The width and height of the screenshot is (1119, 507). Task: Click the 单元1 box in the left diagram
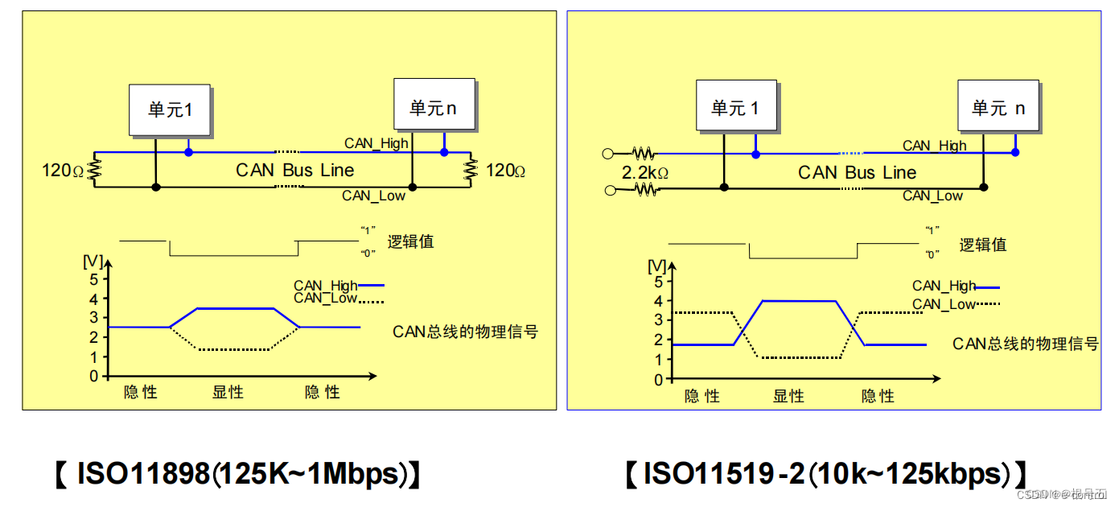170,109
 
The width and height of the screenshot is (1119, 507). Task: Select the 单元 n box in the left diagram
434,105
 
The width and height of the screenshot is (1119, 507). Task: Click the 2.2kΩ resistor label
645,171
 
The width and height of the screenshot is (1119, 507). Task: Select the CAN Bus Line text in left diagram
294,170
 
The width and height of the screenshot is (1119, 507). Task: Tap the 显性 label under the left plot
228,392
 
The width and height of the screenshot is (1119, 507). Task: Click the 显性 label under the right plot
788,395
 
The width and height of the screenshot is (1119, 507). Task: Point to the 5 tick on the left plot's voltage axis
94,279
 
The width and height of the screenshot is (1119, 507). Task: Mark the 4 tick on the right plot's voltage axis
658,301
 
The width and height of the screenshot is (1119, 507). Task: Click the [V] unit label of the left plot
93,262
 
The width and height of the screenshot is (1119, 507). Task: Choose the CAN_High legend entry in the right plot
944,286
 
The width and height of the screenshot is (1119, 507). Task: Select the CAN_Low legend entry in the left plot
325,299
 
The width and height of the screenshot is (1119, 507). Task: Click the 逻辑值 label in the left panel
410,241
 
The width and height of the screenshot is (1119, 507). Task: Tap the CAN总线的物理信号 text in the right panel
1026,344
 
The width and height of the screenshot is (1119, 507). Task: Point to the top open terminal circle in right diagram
608,153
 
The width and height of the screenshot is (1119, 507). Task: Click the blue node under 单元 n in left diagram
443,151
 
